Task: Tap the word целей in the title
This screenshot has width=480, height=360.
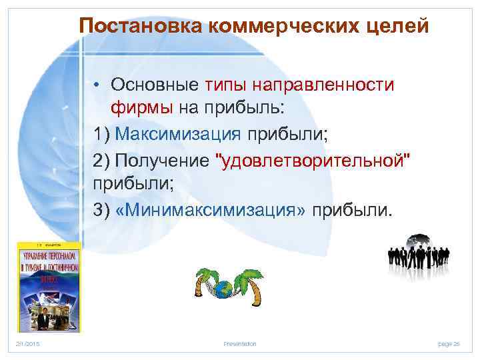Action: coord(399,26)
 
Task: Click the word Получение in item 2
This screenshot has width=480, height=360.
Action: coord(162,160)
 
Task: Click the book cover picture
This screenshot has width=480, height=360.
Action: coord(49,287)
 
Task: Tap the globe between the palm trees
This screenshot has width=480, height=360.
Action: coord(225,289)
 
